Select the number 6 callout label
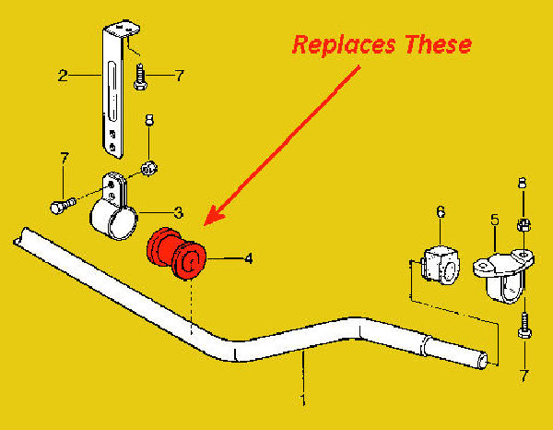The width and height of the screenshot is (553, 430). tap(440, 213)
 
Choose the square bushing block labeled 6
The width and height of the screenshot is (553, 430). tap(439, 264)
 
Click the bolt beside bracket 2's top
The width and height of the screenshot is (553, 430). tap(139, 78)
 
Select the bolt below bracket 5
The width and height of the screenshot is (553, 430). tap(523, 324)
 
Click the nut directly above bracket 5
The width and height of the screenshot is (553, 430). tap(522, 223)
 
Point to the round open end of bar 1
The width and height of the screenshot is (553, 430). tap(482, 359)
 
